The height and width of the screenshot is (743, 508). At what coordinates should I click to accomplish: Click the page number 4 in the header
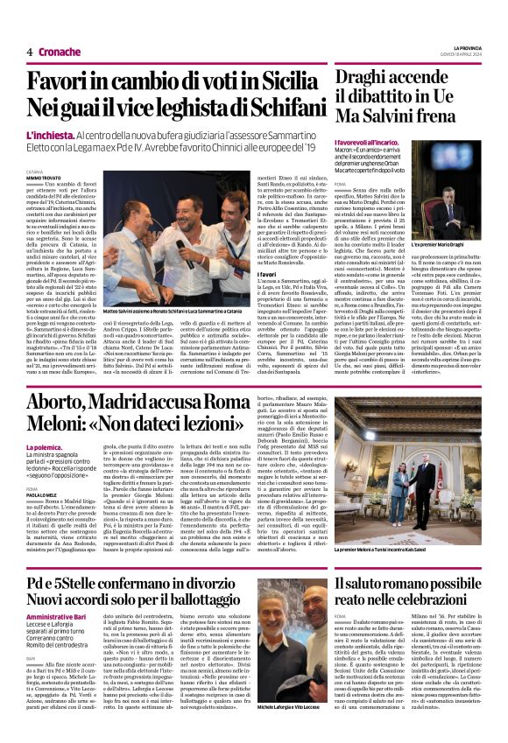pyautogui.click(x=30, y=52)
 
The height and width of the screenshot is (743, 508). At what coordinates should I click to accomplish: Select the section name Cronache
pyautogui.click(x=59, y=52)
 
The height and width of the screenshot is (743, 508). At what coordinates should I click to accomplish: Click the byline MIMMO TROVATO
pyautogui.click(x=42, y=178)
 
